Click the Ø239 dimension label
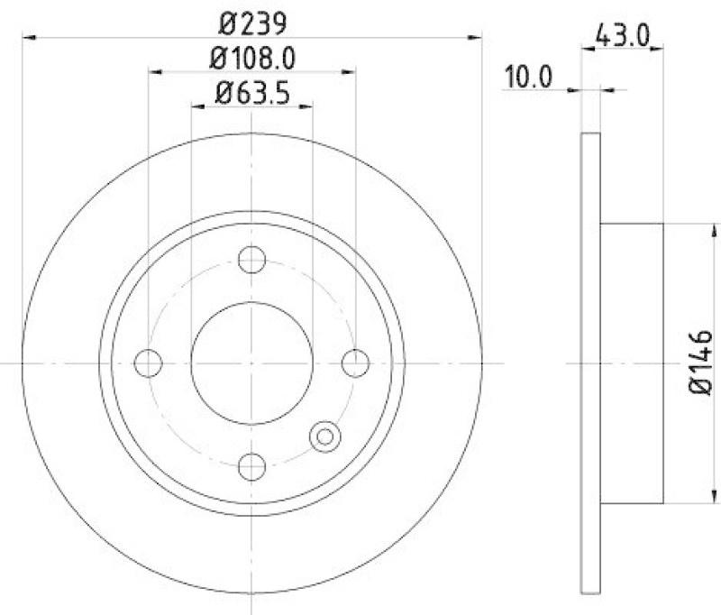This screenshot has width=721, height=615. tap(251, 19)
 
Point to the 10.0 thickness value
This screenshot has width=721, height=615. tap(528, 78)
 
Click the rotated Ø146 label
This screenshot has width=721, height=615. tap(701, 362)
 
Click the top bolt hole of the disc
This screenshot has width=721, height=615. tap(252, 260)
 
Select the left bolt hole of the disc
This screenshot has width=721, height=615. tap(148, 363)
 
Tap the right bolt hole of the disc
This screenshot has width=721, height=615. tap(357, 363)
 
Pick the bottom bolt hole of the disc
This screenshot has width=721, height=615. tap(252, 466)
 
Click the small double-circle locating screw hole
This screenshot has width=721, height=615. tap(324, 436)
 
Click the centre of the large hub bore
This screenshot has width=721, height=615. tap(252, 363)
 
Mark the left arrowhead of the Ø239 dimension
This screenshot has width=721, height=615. tap(28, 37)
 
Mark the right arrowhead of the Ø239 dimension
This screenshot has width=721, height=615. tap(477, 37)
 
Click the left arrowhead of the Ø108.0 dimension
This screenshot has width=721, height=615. tap(154, 72)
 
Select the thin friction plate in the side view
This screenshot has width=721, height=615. tap(590, 363)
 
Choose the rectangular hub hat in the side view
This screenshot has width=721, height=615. tap(632, 363)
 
